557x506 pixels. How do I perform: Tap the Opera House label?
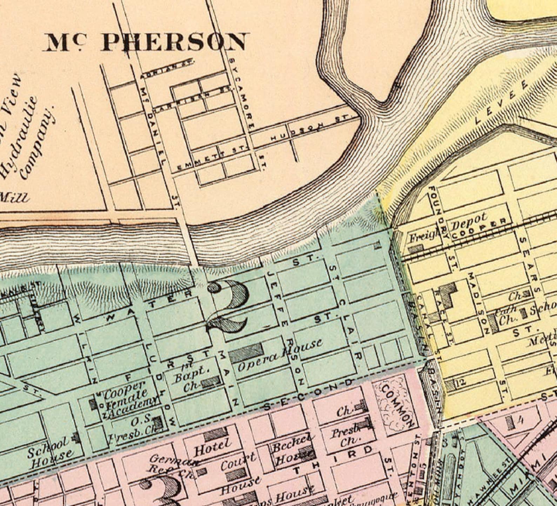pyautogui.click(x=280, y=355)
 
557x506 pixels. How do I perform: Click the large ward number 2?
pyautogui.click(x=228, y=305)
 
